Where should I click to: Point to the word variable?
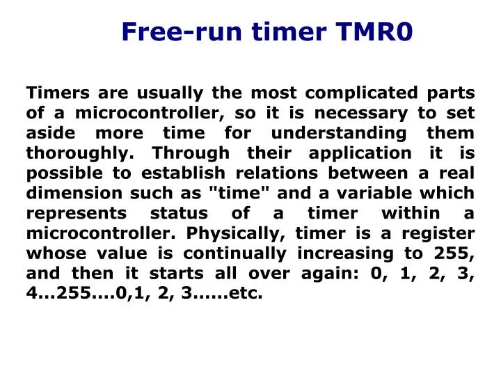(383, 194)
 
